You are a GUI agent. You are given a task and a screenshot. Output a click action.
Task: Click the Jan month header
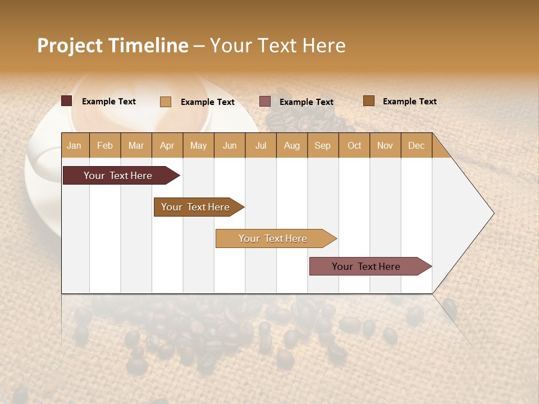coord(74,145)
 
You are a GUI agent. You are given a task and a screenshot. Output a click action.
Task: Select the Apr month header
coord(167,145)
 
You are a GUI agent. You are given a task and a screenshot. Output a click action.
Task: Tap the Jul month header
coord(261,145)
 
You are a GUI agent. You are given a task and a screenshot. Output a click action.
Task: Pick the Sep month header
coord(322,145)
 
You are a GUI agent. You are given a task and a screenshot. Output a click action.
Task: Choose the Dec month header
coord(416,145)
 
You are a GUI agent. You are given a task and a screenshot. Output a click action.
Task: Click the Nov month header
coord(385,145)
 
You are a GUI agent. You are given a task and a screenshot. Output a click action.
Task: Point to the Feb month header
coord(105,145)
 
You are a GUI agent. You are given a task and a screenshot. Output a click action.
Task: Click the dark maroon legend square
coord(67,101)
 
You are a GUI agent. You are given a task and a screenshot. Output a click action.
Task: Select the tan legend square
coord(166,102)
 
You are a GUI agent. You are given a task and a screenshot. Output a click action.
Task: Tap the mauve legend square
coord(265,102)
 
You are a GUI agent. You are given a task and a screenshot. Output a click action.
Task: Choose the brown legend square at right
coord(369,101)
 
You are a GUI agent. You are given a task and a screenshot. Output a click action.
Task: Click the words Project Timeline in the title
coord(112,45)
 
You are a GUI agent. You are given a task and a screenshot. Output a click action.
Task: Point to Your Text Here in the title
coord(277,45)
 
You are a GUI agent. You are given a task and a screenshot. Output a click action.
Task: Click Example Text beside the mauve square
coord(306,102)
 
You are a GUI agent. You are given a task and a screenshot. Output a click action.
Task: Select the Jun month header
coord(230,145)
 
